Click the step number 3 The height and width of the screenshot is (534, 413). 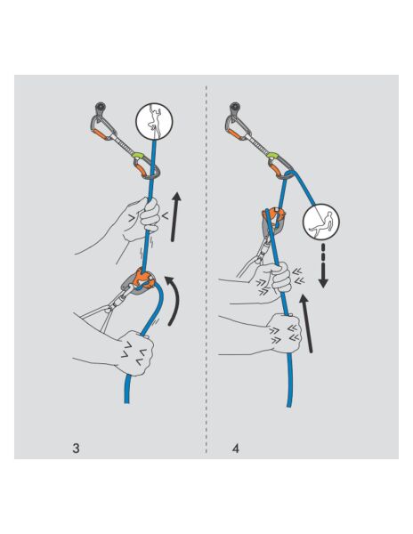(x=77, y=448)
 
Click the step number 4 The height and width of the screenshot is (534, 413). (x=235, y=448)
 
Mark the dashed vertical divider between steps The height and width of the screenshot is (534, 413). (x=206, y=267)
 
